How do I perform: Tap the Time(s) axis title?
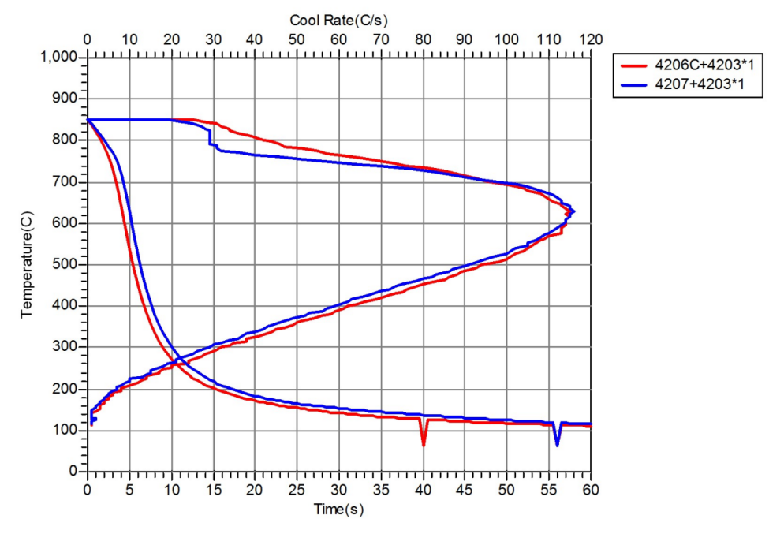tap(338, 510)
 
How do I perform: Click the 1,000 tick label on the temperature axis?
tap(60, 58)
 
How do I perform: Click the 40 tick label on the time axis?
tap(423, 489)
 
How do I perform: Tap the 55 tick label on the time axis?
tap(549, 489)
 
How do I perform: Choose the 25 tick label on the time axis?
tap(297, 489)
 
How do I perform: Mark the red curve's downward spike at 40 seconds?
tap(424, 443)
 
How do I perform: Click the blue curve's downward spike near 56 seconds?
tap(557, 443)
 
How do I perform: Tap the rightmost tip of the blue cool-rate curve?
tap(573, 211)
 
